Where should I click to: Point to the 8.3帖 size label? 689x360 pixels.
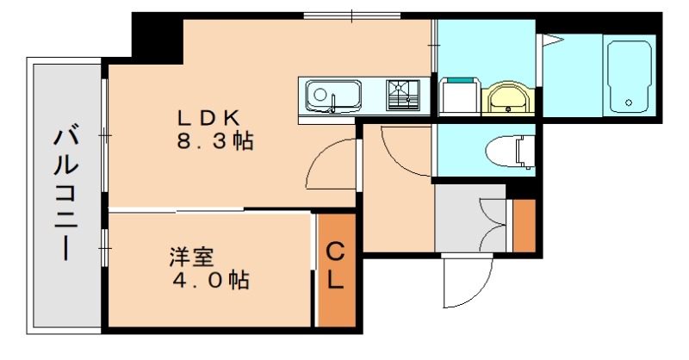click(216, 142)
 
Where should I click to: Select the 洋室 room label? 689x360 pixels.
click(186, 257)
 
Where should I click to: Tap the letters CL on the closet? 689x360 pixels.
click(336, 266)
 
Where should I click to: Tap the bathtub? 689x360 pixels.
click(628, 78)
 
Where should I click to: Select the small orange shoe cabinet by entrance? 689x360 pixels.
click(523, 225)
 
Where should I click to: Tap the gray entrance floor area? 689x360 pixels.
click(465, 220)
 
